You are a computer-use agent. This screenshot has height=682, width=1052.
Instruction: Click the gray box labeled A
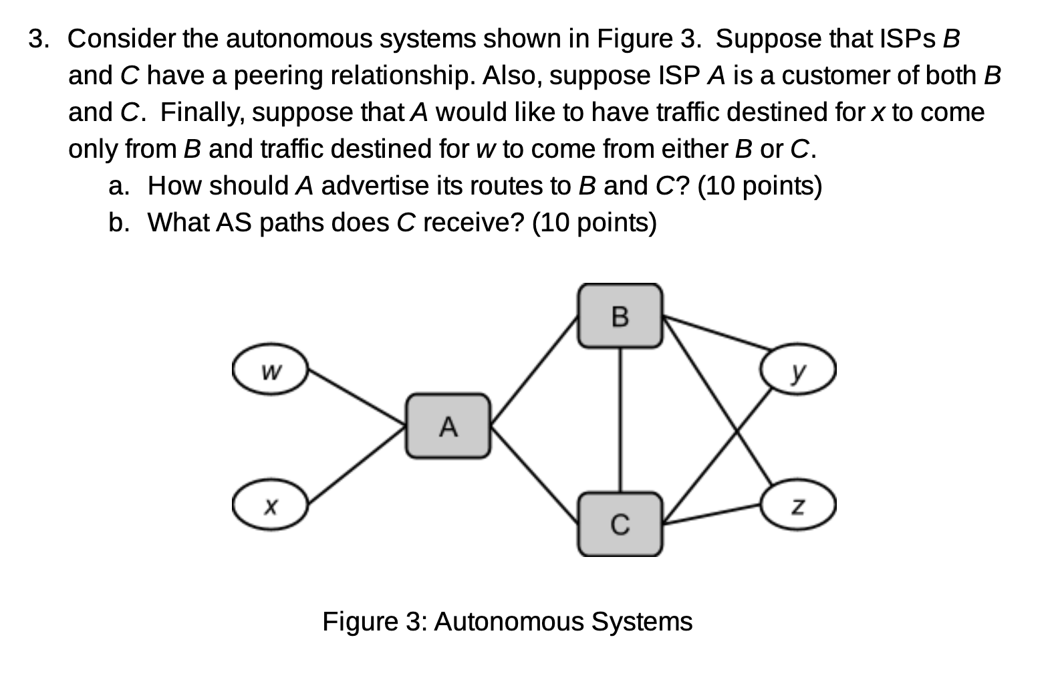coord(448,426)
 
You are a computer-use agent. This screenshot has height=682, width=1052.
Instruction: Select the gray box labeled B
coord(620,316)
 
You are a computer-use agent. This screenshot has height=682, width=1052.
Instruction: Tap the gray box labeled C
coord(620,525)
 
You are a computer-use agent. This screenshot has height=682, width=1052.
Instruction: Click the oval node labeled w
coord(270,370)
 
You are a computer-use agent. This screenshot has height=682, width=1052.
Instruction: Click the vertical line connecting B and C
coord(621,420)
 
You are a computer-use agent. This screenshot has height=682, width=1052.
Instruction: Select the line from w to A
coord(356,397)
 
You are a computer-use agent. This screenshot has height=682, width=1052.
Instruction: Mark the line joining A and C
coord(535,475)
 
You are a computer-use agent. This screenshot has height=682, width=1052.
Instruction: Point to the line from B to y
coord(715,332)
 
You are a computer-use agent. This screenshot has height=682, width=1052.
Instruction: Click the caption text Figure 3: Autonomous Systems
coord(507,622)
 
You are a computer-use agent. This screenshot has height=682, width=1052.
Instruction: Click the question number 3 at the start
coord(38,39)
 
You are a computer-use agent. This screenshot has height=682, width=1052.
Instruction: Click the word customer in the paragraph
coord(835,76)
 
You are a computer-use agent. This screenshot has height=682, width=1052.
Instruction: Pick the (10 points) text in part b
coord(594,222)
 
